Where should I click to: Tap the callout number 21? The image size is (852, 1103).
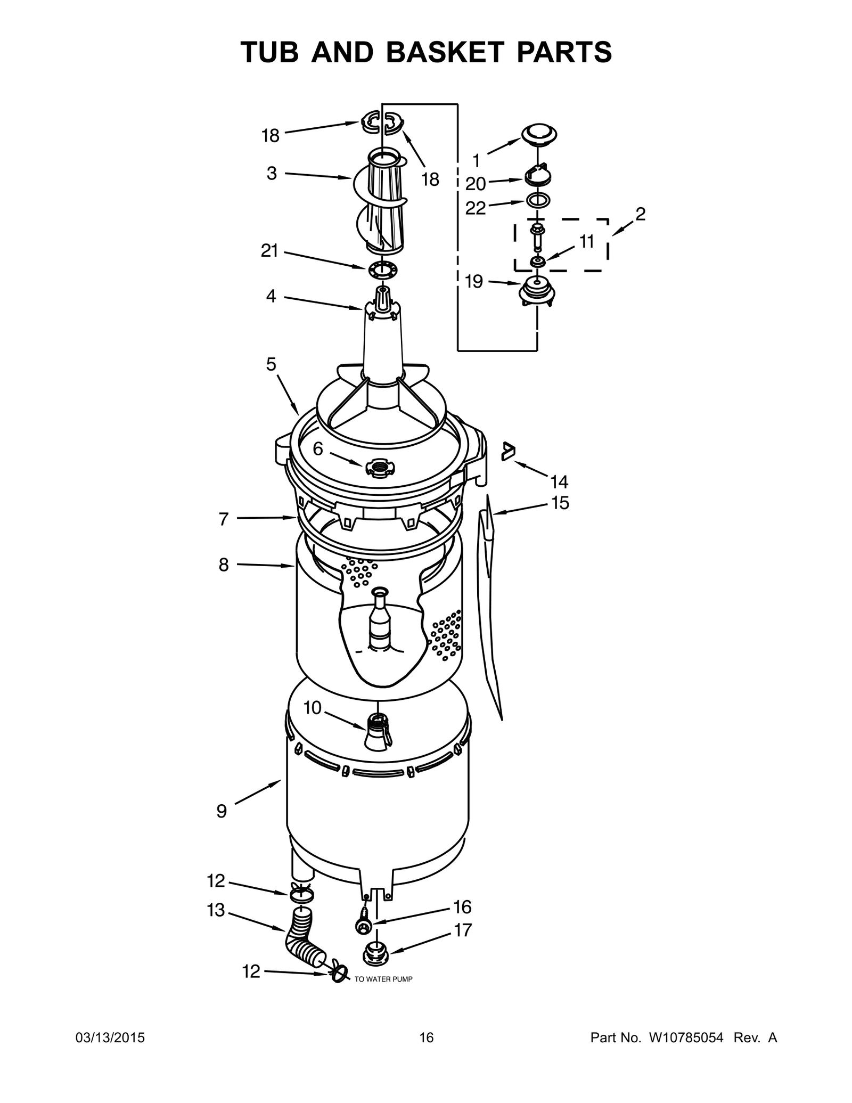[269, 250]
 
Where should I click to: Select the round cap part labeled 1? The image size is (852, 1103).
[538, 134]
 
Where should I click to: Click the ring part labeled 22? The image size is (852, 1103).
[538, 201]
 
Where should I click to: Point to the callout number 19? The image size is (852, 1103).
[473, 281]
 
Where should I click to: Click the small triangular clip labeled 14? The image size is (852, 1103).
[509, 451]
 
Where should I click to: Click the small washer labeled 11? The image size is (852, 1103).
[537, 262]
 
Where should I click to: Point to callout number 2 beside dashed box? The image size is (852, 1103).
[640, 214]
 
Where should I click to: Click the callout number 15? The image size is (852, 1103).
[560, 502]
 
